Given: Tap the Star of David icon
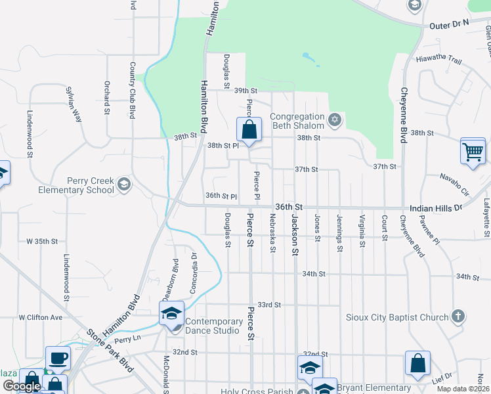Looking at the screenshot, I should (x=335, y=120).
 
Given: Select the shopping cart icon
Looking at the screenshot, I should (x=473, y=151).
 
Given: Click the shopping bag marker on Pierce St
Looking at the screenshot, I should (x=249, y=129).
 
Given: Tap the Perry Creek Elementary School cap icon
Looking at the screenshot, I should (x=124, y=186).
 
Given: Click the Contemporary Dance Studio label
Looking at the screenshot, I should (x=214, y=326).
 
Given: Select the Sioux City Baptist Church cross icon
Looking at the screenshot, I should (x=459, y=317).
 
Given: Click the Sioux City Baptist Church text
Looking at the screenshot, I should (x=397, y=318).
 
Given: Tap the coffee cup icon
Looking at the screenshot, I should (x=58, y=359).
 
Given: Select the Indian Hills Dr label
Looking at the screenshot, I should (x=436, y=207).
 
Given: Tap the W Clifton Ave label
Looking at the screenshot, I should (x=40, y=317).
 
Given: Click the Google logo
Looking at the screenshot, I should (x=22, y=386).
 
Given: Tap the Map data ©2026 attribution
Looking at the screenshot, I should (x=463, y=389).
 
